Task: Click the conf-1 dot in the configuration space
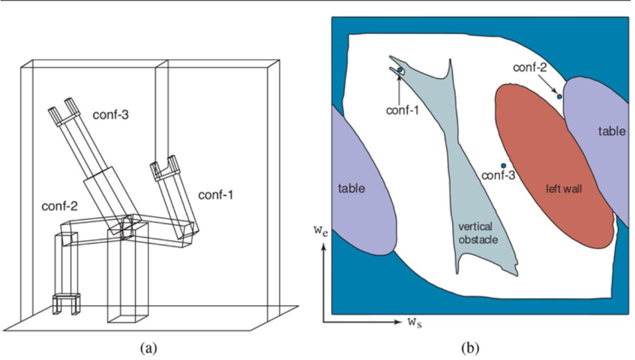(400, 70)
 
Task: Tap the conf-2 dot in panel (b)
(559, 96)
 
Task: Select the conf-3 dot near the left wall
(504, 165)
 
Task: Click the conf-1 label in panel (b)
(403, 110)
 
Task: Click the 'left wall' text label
(563, 189)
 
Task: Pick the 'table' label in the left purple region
(351, 188)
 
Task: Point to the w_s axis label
(416, 321)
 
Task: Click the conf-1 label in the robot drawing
(215, 194)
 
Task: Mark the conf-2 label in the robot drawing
(59, 207)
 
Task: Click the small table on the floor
(66, 303)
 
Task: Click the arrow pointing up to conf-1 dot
(400, 87)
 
